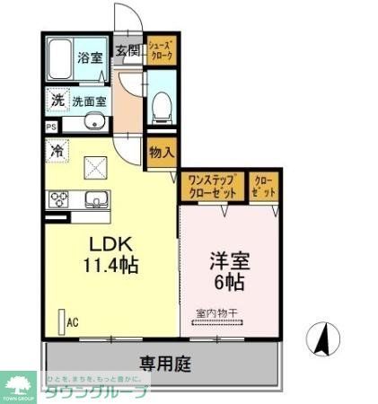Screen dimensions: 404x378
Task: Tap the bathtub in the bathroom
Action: [x=61, y=59]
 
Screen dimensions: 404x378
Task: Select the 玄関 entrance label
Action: [x=127, y=50]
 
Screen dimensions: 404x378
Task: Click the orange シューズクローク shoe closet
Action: [x=161, y=50]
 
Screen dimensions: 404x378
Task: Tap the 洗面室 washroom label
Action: [x=89, y=101]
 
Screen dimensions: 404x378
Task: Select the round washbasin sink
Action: [x=92, y=123]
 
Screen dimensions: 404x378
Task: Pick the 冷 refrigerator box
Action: [x=57, y=152]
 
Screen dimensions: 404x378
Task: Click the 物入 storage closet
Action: [x=161, y=153]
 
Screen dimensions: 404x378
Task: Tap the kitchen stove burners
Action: [x=58, y=199]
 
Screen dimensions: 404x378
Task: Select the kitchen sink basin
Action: [x=95, y=199]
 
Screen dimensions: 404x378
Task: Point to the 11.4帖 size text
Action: [x=110, y=266]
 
